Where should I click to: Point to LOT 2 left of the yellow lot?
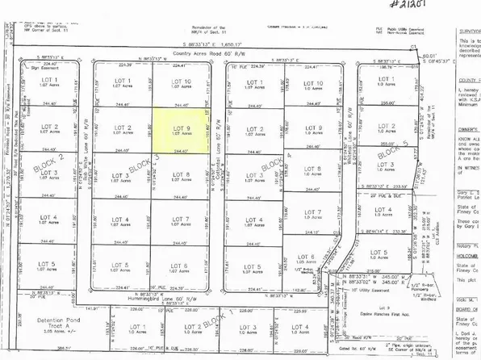(x=123, y=130)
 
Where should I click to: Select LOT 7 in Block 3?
(x=181, y=222)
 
